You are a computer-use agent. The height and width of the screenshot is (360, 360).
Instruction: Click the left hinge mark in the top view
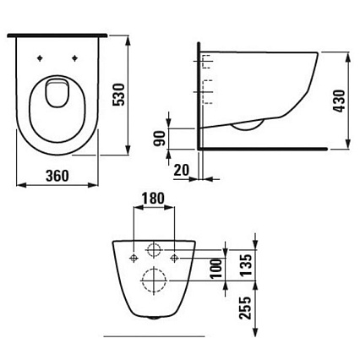pos(40,58)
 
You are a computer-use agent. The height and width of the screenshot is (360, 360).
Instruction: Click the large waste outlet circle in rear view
pos(154,280)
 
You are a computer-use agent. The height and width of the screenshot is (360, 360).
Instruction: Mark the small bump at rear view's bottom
pos(154,320)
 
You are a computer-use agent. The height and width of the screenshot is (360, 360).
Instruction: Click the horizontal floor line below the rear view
pos(154,335)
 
